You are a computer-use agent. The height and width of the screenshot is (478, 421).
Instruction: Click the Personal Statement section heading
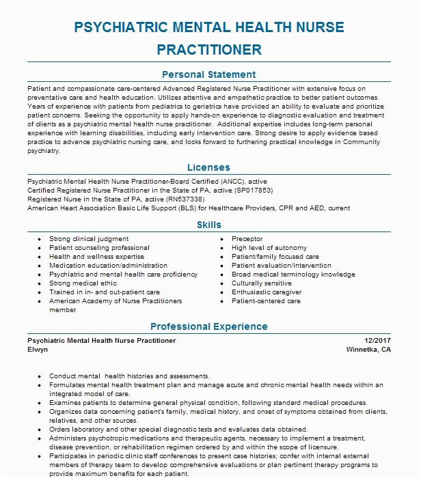pyautogui.click(x=209, y=74)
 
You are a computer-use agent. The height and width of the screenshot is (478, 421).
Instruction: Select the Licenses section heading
pyautogui.click(x=209, y=167)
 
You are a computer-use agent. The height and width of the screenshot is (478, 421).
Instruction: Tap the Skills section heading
pyautogui.click(x=209, y=224)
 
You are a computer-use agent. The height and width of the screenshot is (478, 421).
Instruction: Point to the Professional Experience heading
pyautogui.click(x=209, y=326)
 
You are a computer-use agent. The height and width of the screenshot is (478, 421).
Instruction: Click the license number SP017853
pyautogui.click(x=254, y=191)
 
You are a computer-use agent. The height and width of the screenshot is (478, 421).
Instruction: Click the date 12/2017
pyautogui.click(x=377, y=340)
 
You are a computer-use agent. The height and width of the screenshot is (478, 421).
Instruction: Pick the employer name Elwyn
pyautogui.click(x=38, y=348)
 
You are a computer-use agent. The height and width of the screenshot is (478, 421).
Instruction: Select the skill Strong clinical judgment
pyautogui.click(x=89, y=239)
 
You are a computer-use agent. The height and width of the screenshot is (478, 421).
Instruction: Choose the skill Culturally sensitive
pyautogui.click(x=262, y=283)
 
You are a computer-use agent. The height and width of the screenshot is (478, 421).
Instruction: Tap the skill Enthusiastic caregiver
pyautogui.click(x=265, y=292)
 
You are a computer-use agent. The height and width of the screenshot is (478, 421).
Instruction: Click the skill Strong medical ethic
pyautogui.click(x=83, y=283)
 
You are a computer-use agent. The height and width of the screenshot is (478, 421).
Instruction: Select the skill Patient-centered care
pyautogui.click(x=266, y=301)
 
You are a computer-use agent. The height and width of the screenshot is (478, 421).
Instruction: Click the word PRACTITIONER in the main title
pyautogui.click(x=209, y=49)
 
